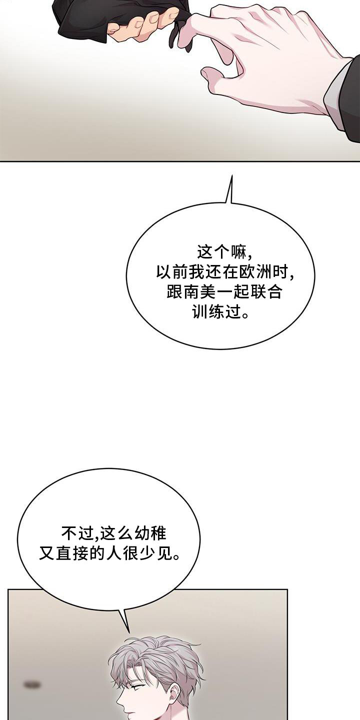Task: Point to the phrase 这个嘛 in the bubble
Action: [220, 252]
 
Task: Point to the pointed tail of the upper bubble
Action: [231, 176]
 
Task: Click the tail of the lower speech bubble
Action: [129, 631]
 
